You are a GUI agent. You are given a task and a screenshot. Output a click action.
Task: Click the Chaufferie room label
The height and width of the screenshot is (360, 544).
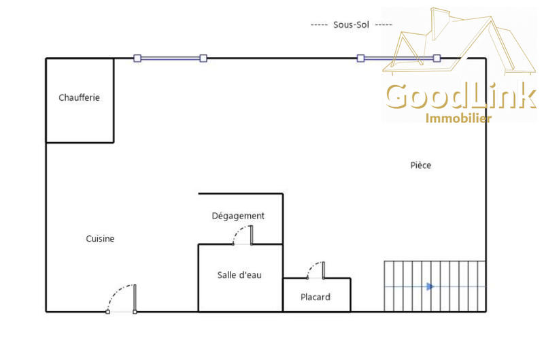click(79, 98)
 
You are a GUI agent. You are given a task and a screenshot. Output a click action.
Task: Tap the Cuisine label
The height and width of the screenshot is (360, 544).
click(100, 239)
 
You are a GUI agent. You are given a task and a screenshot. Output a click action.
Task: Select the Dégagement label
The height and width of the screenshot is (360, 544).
click(238, 216)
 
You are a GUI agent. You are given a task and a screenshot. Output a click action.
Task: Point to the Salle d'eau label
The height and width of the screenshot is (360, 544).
click(239, 275)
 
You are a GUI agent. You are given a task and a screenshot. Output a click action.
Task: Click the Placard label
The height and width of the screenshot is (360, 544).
click(316, 297)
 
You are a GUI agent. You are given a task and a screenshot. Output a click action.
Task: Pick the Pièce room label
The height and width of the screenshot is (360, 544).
click(421, 165)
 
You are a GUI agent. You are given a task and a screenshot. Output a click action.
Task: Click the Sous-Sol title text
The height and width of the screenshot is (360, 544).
click(351, 24)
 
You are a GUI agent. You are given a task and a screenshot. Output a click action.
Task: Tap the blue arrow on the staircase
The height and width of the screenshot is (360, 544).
click(430, 287)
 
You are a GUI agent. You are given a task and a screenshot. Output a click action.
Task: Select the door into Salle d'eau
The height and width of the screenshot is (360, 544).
click(243, 235)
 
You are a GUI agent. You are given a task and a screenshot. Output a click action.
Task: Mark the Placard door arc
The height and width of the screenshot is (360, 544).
click(315, 269)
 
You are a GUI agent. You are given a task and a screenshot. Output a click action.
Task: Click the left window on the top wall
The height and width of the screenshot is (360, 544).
click(170, 59)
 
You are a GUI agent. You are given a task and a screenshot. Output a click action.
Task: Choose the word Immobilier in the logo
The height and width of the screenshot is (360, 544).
click(458, 118)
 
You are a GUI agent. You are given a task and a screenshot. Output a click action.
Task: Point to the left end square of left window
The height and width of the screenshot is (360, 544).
click(137, 59)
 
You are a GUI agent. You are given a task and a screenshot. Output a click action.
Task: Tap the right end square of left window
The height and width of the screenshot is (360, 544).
click(203, 59)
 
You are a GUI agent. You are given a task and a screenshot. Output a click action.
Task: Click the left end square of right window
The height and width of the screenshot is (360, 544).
click(360, 59)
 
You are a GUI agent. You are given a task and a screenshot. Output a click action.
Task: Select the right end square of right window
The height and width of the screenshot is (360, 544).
click(437, 59)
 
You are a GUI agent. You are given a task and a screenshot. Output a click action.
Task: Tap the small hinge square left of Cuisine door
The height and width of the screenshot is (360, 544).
click(107, 312)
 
